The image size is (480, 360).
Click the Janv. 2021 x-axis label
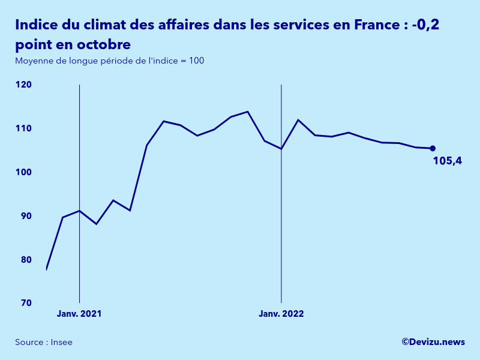pyautogui.click(x=79, y=314)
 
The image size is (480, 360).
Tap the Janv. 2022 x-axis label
pyautogui.click(x=281, y=314)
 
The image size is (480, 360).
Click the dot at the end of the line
pyautogui.click(x=433, y=148)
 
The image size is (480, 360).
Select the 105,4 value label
pyautogui.click(x=447, y=161)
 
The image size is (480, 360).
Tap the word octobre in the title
pyautogui.click(x=100, y=45)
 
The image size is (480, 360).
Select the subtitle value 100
pyautogui.click(x=197, y=61)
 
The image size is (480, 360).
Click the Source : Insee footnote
pyautogui.click(x=44, y=342)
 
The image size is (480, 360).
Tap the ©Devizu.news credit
pyautogui.click(x=433, y=342)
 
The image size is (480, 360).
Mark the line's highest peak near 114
pyautogui.click(x=248, y=112)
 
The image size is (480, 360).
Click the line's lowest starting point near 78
pyautogui.click(x=46, y=269)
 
